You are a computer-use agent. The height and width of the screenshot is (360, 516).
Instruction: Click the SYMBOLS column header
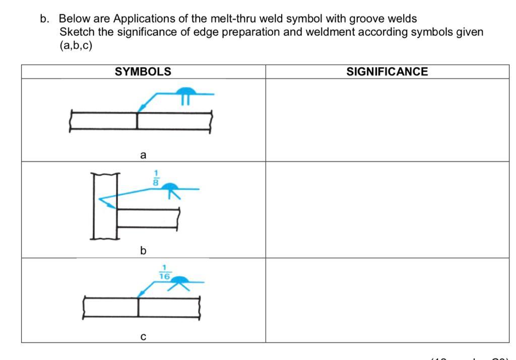[x=143, y=71]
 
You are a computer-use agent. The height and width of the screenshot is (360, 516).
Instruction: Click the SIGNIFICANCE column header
[x=387, y=71]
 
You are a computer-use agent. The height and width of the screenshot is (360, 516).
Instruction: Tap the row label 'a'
[x=143, y=156]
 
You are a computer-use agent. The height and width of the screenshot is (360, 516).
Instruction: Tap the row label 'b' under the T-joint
[x=143, y=250]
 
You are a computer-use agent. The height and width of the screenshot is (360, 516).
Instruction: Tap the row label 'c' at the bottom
[x=143, y=336]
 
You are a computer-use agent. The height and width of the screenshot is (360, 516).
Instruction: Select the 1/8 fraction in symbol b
[x=156, y=178]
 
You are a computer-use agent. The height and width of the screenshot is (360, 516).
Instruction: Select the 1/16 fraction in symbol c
[x=165, y=272]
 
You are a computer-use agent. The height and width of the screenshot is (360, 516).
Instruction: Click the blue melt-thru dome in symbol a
[x=186, y=91]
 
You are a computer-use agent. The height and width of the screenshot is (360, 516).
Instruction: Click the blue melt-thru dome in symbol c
[x=180, y=279]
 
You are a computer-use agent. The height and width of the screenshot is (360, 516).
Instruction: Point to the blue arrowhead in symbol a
[x=142, y=108]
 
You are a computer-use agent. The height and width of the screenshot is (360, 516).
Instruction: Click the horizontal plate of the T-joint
[x=149, y=219]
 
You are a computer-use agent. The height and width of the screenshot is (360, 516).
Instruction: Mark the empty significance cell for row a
[x=387, y=120]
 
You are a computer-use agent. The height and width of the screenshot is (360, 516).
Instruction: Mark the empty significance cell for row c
[x=387, y=300]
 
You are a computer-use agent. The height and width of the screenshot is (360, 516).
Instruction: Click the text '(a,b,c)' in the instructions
[x=76, y=45]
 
